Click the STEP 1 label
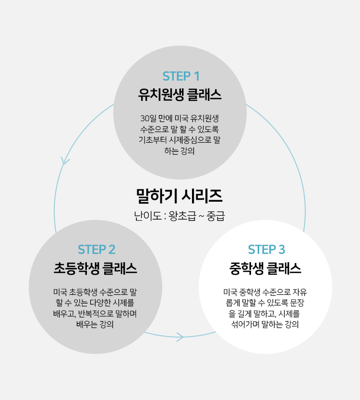point(180,76)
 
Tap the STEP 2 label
point(96,250)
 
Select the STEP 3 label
point(266,250)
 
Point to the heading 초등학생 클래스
point(96,268)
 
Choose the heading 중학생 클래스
point(265,268)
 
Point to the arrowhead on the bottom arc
point(180,337)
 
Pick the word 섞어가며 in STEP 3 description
point(246,325)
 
